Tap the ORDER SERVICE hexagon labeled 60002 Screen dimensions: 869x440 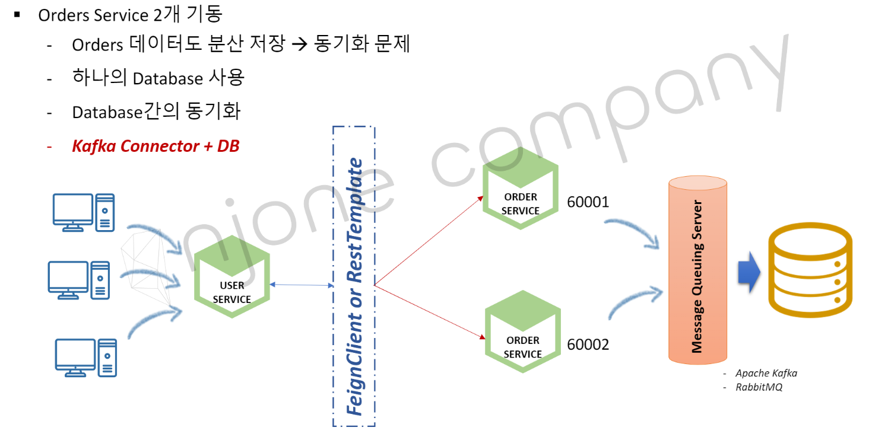click(x=522, y=331)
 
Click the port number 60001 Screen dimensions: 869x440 click(x=588, y=203)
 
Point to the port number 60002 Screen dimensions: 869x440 click(x=588, y=345)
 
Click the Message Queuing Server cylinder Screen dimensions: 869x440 click(x=697, y=270)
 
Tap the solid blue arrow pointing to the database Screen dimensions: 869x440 click(x=749, y=270)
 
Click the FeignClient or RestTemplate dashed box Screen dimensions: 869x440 click(x=354, y=276)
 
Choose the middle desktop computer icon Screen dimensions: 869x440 click(x=79, y=280)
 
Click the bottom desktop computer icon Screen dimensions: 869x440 click(x=86, y=358)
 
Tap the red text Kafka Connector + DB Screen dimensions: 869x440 click(x=156, y=146)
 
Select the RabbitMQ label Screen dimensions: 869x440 click(x=759, y=387)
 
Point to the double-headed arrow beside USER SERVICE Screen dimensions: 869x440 click(x=302, y=285)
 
